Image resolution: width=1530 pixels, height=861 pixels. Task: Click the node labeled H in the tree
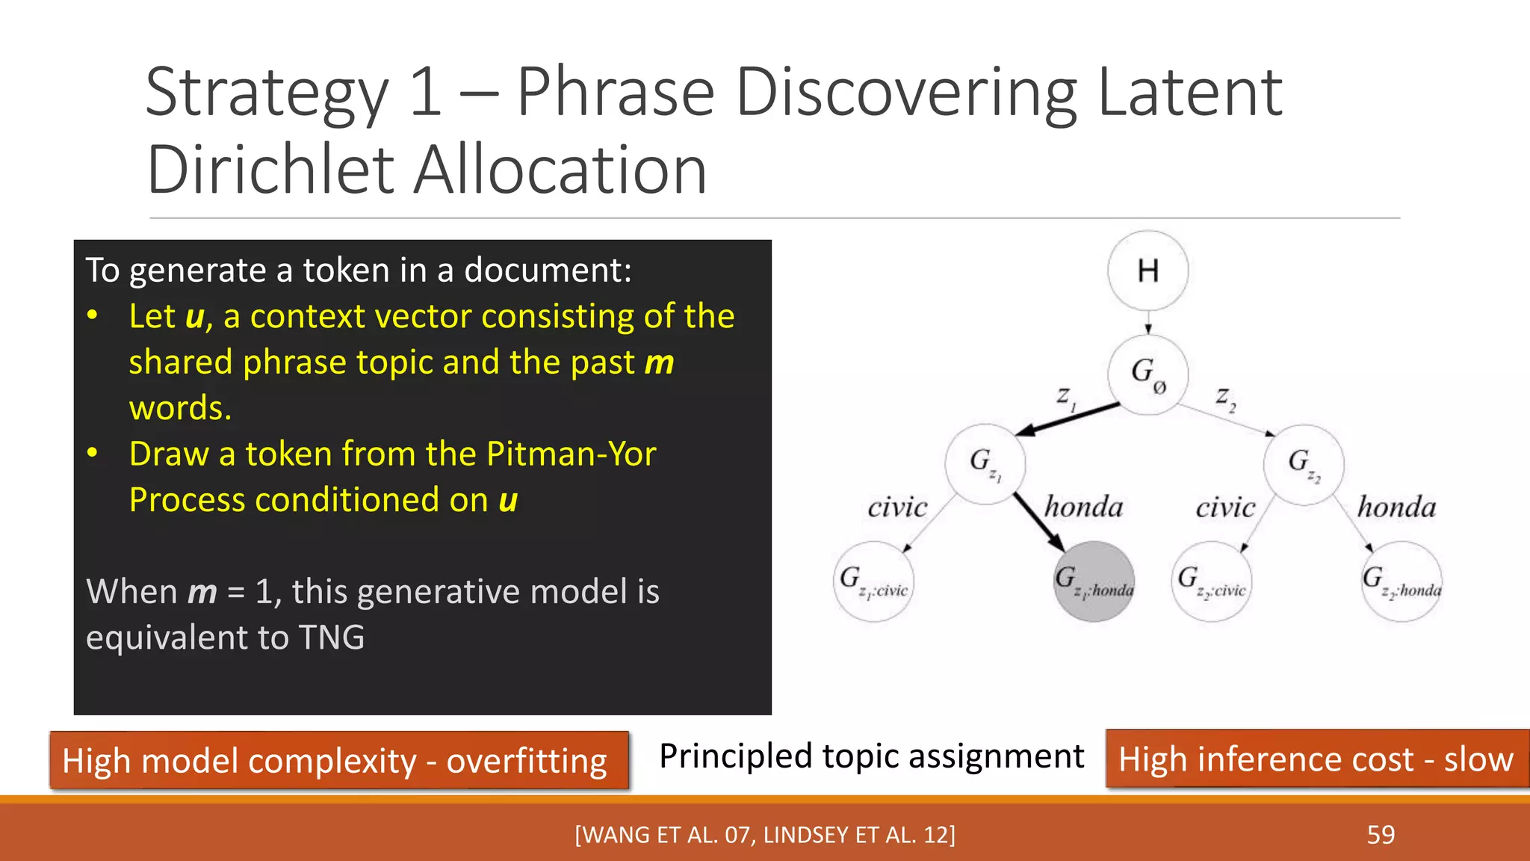pyautogui.click(x=1147, y=271)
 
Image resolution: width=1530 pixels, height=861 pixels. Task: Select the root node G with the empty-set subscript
pyautogui.click(x=1147, y=374)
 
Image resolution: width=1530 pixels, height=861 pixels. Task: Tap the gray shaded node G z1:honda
pyautogui.click(x=1094, y=581)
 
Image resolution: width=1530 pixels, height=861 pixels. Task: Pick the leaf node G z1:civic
pyautogui.click(x=873, y=581)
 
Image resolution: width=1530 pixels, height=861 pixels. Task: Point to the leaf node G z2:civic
pyautogui.click(x=1211, y=581)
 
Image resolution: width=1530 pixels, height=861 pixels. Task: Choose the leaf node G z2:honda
pyautogui.click(x=1402, y=581)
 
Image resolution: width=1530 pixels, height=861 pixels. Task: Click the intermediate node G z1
pyautogui.click(x=985, y=463)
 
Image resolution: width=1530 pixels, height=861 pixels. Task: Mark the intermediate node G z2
pyautogui.click(x=1304, y=463)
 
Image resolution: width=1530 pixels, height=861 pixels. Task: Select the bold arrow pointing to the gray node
pyautogui.click(x=1040, y=523)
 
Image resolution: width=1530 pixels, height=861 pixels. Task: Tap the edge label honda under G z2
pyautogui.click(x=1396, y=507)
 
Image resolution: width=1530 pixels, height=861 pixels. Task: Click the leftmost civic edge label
pyautogui.click(x=897, y=508)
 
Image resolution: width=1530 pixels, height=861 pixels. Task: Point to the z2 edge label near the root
pyautogui.click(x=1225, y=398)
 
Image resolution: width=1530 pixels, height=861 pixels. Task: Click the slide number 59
pyautogui.click(x=1381, y=834)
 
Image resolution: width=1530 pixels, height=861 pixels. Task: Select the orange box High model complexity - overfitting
pyautogui.click(x=338, y=761)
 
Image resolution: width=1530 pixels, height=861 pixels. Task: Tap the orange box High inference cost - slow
pyautogui.click(x=1316, y=759)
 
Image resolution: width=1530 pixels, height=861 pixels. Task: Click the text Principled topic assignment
pyautogui.click(x=871, y=756)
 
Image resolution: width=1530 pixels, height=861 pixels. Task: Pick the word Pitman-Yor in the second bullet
pyautogui.click(x=571, y=454)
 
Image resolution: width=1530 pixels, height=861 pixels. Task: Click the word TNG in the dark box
pyautogui.click(x=331, y=638)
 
